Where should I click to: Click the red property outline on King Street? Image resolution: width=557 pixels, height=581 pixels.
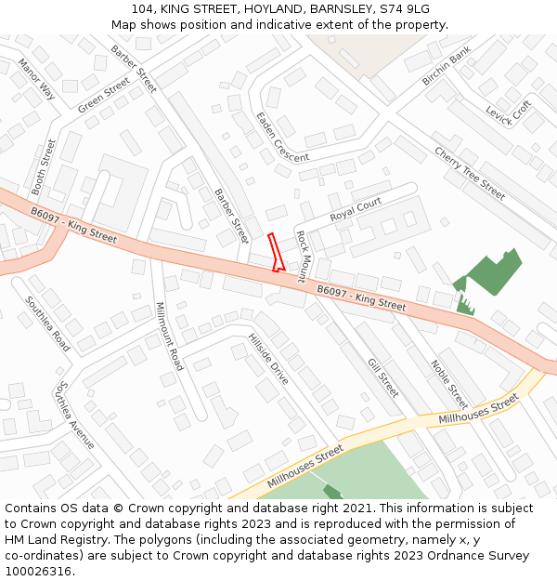(x=275, y=252)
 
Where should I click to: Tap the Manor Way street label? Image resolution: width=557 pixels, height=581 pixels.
(x=36, y=80)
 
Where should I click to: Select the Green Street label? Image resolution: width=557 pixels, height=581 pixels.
(x=104, y=96)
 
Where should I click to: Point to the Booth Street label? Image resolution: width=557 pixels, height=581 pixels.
(x=44, y=167)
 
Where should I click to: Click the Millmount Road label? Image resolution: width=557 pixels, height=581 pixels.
(x=169, y=337)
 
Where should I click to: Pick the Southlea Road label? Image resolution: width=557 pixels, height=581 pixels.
(x=47, y=324)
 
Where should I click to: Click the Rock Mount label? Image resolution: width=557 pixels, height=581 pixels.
(x=302, y=257)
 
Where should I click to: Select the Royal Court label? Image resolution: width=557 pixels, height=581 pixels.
(x=356, y=210)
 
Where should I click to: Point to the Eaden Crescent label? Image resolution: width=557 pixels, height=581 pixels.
(x=282, y=137)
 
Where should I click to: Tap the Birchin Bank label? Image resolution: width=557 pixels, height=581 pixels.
(x=447, y=71)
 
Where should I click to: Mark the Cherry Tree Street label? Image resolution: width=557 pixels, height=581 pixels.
(x=470, y=173)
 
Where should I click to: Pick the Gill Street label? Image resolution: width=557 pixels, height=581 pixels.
(x=383, y=377)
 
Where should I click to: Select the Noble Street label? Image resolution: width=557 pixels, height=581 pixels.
(x=448, y=384)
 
